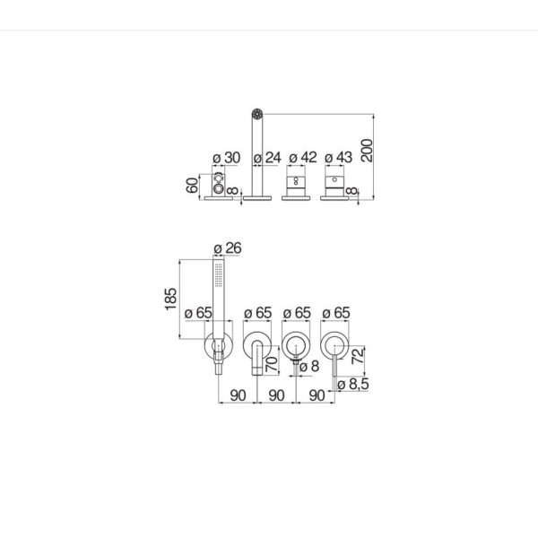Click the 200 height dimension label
pos(367,151)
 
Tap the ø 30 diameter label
pos(227,158)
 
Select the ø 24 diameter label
pos(267,158)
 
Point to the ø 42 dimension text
pos(303,158)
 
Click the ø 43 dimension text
pos(339,158)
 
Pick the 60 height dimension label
pos(192,186)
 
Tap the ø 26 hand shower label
pos(228,248)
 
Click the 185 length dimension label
pos(171,299)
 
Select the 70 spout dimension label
pos(272,364)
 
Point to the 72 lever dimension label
pos(358,356)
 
